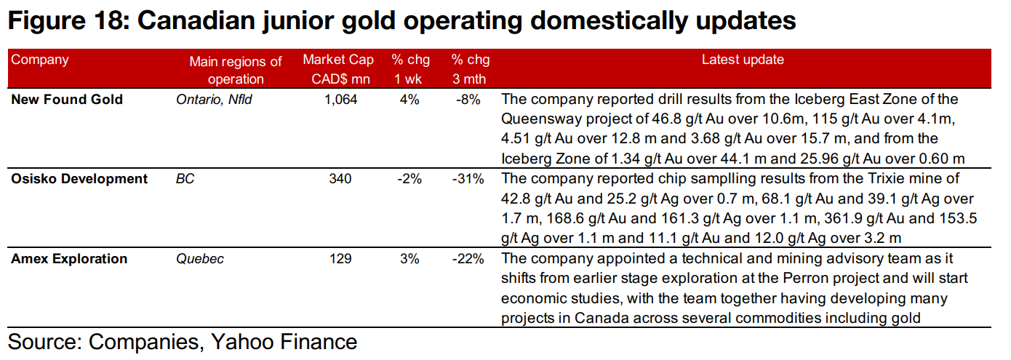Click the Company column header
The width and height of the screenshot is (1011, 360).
39,60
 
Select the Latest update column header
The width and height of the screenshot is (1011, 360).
742,60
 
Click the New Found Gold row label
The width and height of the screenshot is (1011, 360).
67,100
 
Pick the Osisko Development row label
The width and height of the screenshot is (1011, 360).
79,179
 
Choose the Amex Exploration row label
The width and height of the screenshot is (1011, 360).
69,259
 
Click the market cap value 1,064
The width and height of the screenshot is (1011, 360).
341,100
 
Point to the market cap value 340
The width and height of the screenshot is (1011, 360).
340,179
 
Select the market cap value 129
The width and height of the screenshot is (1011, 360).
340,259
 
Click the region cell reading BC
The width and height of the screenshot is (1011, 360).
185,179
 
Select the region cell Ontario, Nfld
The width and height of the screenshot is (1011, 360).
214,100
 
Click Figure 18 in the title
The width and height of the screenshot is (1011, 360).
65,22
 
